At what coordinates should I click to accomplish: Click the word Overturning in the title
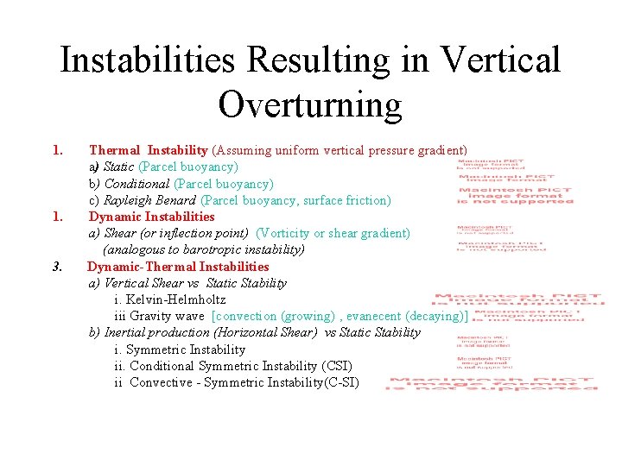pyautogui.click(x=310, y=104)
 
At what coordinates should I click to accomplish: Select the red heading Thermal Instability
pyautogui.click(x=148, y=150)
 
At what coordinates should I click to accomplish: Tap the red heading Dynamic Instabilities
pyautogui.click(x=151, y=217)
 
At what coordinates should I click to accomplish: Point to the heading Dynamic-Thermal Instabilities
pyautogui.click(x=178, y=267)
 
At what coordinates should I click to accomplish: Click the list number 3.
pyautogui.click(x=57, y=267)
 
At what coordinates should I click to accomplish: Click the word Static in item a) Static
pyautogui.click(x=118, y=167)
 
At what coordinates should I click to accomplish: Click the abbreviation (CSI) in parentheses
pyautogui.click(x=336, y=366)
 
